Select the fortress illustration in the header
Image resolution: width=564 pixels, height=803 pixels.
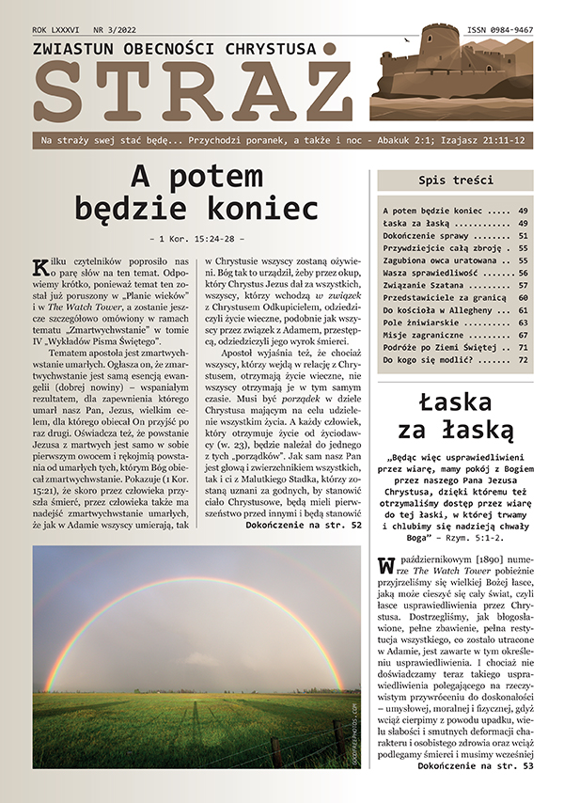point(451,75)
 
